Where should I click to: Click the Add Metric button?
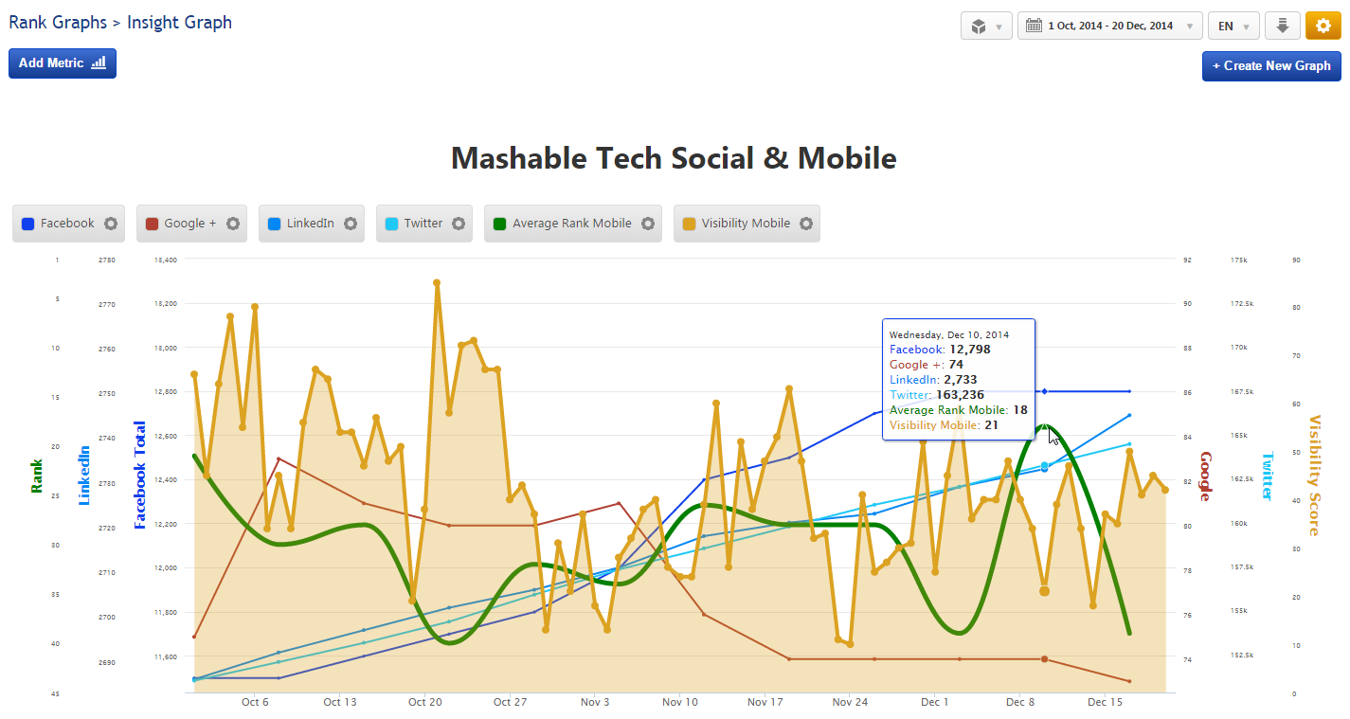[63, 63]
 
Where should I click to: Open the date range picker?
[1109, 26]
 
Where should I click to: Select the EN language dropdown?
[1233, 26]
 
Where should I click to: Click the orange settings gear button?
[1323, 26]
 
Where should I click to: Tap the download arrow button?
[1282, 26]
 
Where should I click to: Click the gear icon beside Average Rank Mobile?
[648, 224]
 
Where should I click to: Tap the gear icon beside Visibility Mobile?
[806, 224]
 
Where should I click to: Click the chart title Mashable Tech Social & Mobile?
[674, 157]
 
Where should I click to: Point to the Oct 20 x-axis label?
[425, 702]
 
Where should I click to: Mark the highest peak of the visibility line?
[437, 282]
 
